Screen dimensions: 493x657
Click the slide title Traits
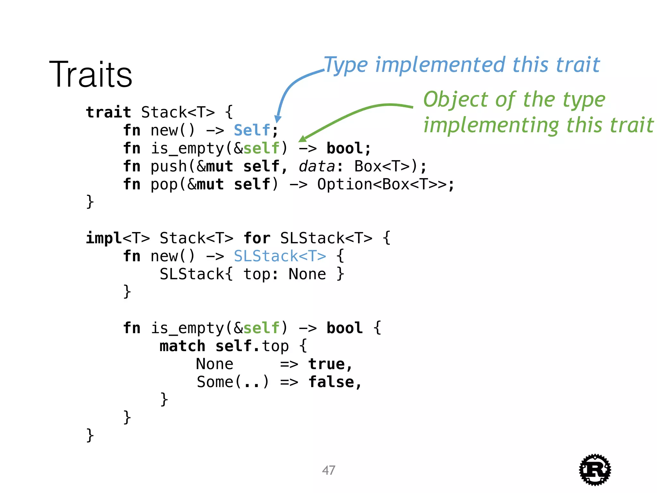pos(90,74)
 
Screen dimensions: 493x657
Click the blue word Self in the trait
pos(252,130)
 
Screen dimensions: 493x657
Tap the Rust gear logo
pos(595,470)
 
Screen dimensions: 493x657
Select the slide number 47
pos(328,470)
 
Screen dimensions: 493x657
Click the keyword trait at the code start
pos(108,112)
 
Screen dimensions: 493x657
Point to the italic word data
pos(317,166)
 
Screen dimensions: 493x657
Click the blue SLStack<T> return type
pos(280,256)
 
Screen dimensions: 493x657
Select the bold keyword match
pos(182,346)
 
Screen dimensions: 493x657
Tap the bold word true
pos(327,364)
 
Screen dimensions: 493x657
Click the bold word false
pos(331,382)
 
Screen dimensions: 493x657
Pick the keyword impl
pos(104,238)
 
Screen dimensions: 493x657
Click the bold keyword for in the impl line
pos(257,238)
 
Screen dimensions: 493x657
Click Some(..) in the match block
pos(233,382)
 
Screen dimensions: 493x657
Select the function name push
pos(169,166)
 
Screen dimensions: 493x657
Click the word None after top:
pos(307,274)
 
